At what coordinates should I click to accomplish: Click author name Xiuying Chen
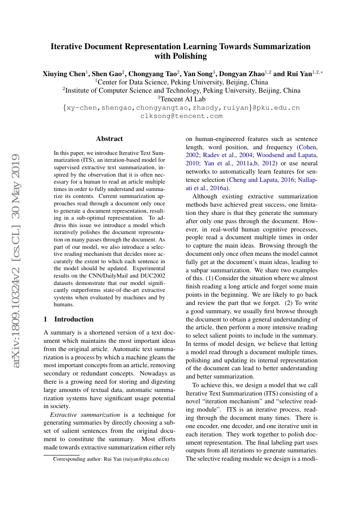[64, 74]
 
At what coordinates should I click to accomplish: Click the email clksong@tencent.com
[181, 116]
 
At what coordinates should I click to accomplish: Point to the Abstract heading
[109, 139]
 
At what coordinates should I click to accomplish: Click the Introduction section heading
[74, 319]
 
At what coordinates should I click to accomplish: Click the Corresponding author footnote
[111, 459]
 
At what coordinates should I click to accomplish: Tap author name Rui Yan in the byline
[297, 74]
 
